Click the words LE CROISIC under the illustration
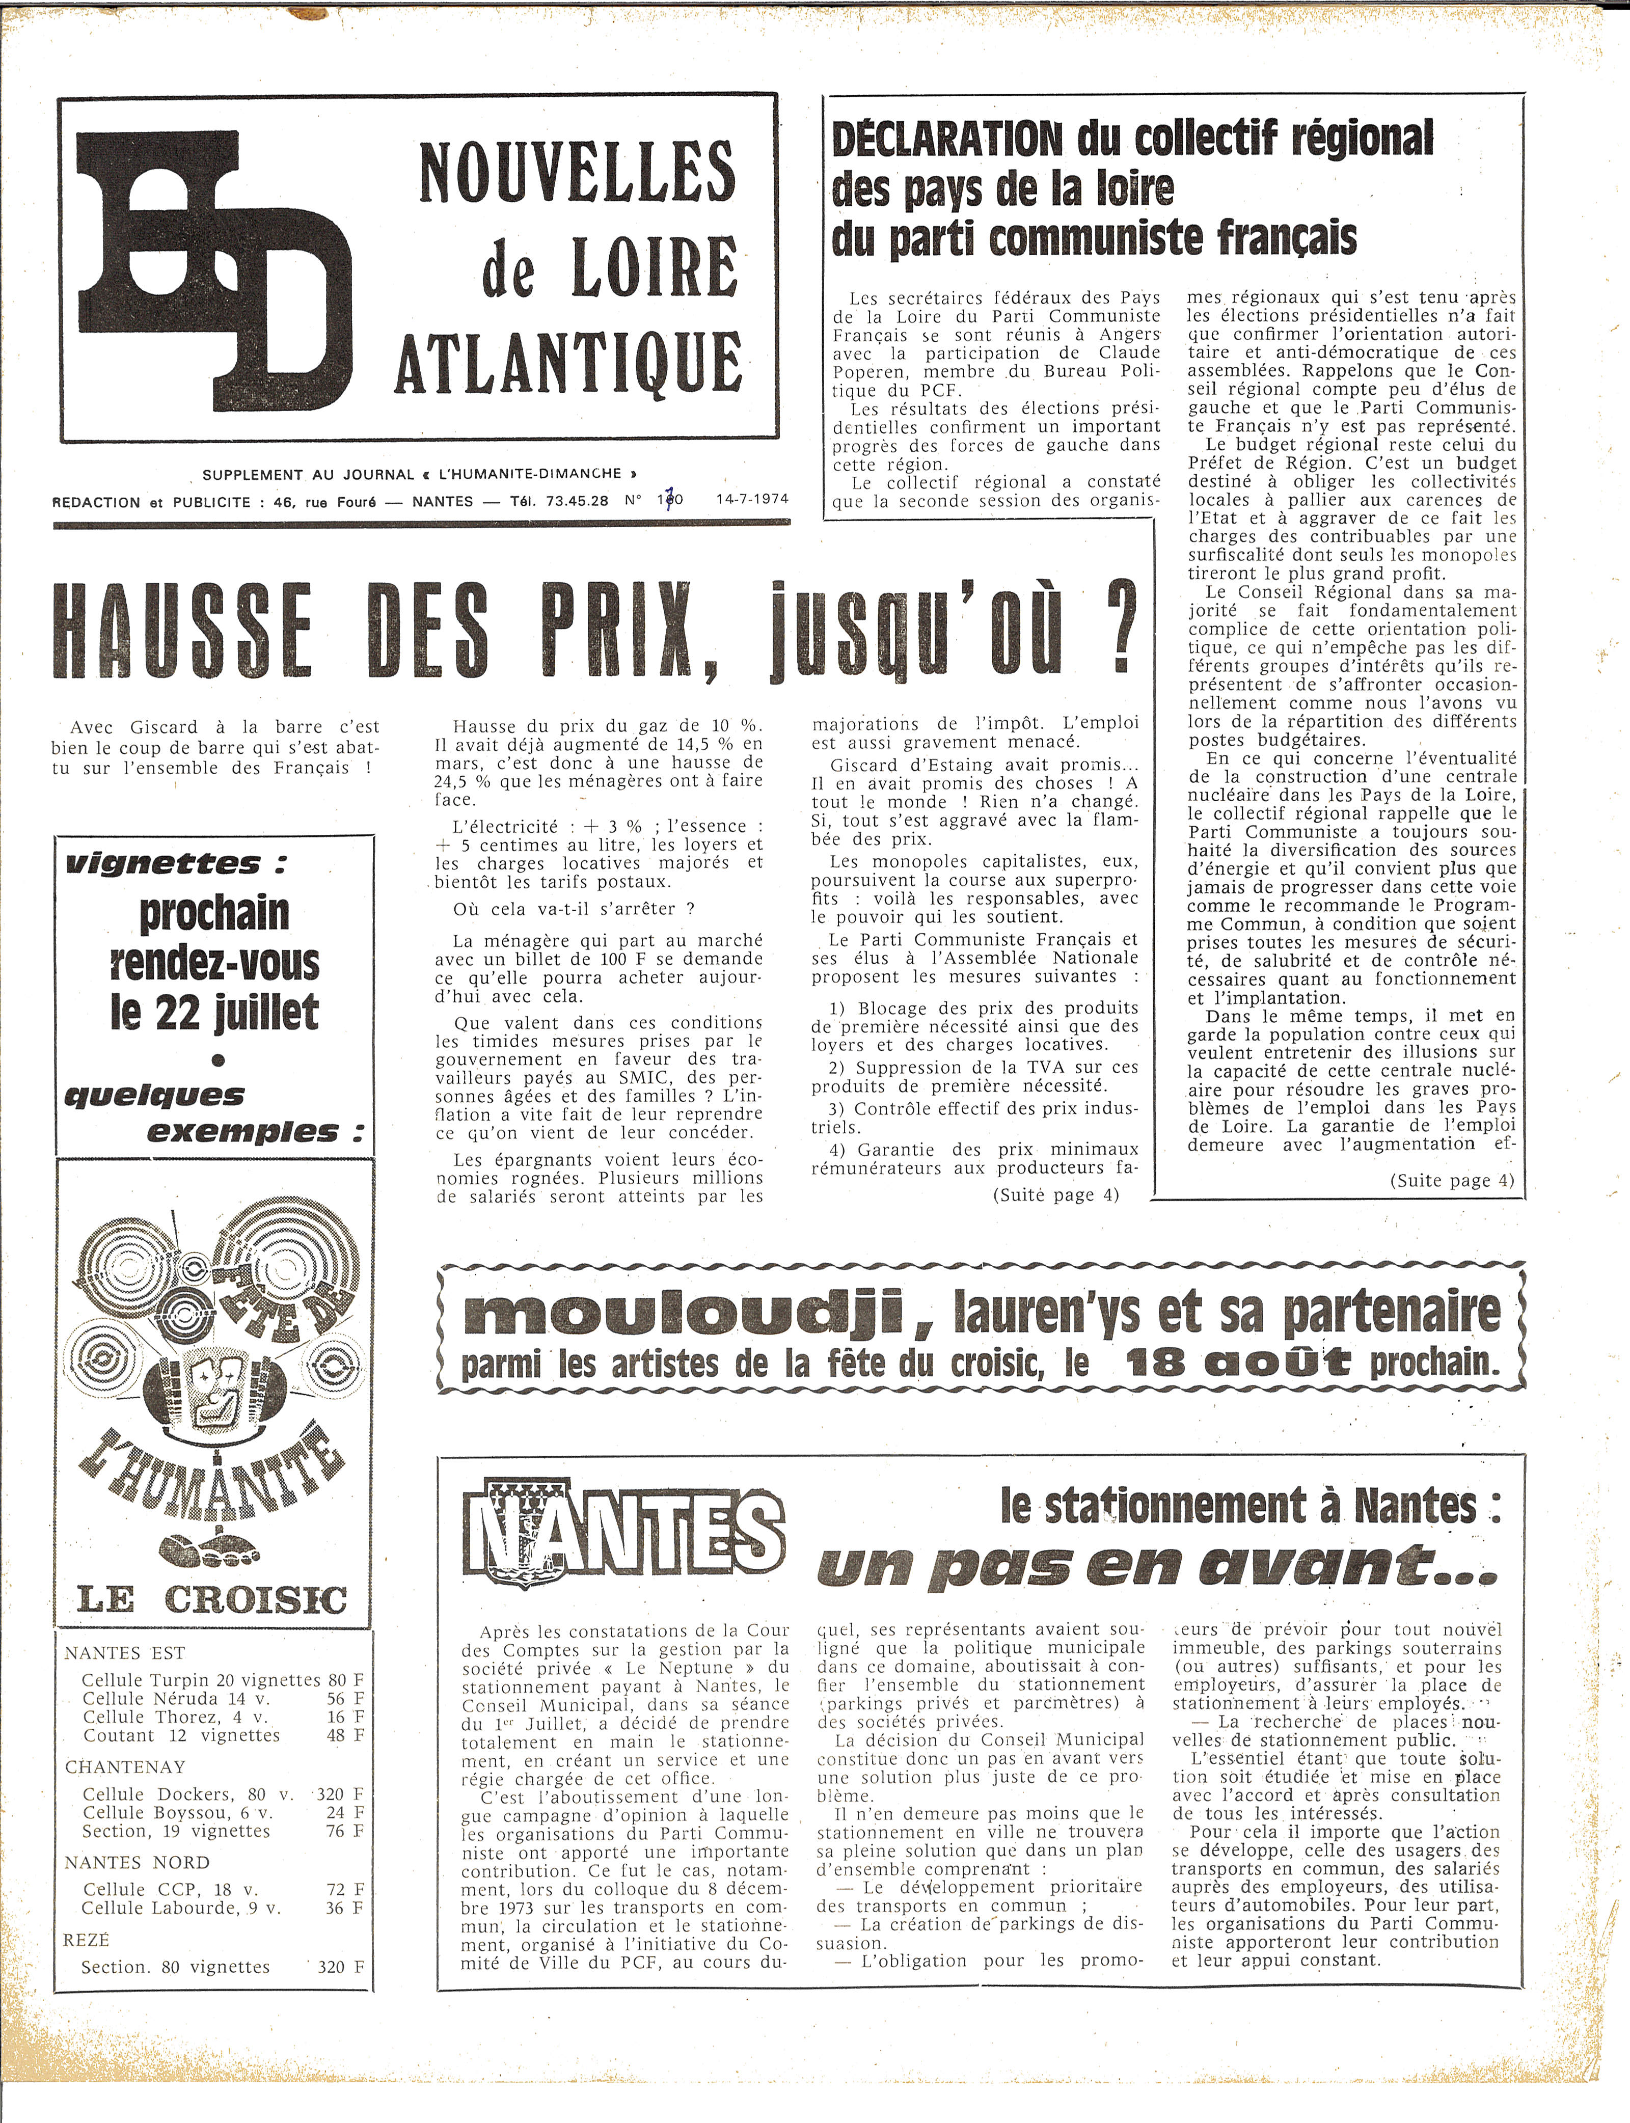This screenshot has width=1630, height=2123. (211, 1599)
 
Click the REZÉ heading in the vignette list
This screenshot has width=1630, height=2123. (87, 1940)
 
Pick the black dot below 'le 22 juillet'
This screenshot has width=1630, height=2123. (219, 1059)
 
